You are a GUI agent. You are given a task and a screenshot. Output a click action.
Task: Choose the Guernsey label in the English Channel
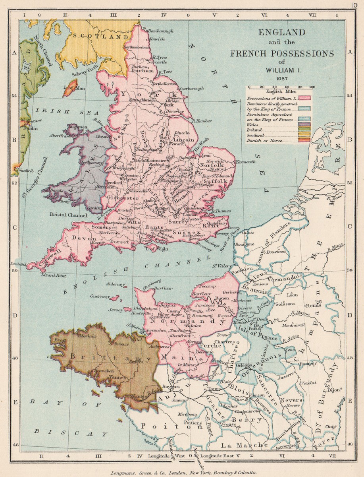tap(102, 296)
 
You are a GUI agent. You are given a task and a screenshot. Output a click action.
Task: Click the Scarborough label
tap(191, 88)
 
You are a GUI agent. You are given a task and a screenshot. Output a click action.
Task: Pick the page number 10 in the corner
tap(355, 5)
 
